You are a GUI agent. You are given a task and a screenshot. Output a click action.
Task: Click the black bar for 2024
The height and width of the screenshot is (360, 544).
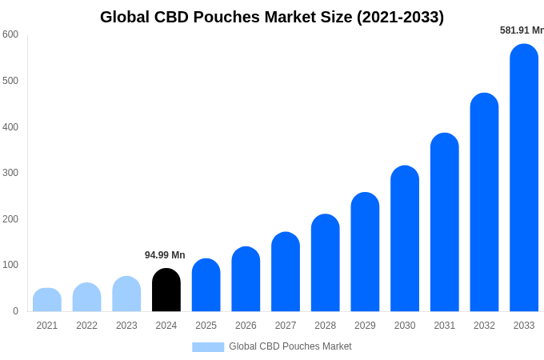166,290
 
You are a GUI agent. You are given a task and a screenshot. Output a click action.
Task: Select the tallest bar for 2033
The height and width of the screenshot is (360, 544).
524,180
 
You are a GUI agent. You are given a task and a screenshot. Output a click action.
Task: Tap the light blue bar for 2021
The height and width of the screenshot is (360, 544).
47,300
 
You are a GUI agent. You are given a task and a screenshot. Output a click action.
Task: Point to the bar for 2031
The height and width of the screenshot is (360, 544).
445,224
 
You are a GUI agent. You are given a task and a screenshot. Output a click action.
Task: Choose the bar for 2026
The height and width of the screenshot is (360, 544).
246,280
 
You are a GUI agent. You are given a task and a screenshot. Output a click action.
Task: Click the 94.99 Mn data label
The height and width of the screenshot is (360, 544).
165,255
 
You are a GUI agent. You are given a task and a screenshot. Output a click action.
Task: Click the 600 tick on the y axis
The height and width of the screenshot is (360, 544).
10,34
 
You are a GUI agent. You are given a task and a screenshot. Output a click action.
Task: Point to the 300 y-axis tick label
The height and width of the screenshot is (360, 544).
10,173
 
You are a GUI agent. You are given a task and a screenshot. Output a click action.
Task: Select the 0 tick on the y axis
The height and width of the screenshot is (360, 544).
15,311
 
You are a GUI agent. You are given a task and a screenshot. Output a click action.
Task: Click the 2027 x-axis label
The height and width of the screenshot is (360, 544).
286,326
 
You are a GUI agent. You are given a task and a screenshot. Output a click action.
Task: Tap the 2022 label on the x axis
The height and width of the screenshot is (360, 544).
86,326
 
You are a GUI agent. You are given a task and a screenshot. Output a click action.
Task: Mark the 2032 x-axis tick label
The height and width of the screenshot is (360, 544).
484,326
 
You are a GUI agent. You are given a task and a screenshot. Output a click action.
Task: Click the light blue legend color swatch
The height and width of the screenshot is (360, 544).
208,346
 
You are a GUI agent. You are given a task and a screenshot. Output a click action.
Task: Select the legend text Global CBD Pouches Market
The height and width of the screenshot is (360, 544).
290,346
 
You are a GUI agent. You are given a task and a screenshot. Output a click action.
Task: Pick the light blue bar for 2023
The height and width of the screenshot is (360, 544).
126,294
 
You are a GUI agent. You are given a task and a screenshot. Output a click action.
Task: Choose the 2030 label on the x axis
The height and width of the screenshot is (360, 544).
405,326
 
